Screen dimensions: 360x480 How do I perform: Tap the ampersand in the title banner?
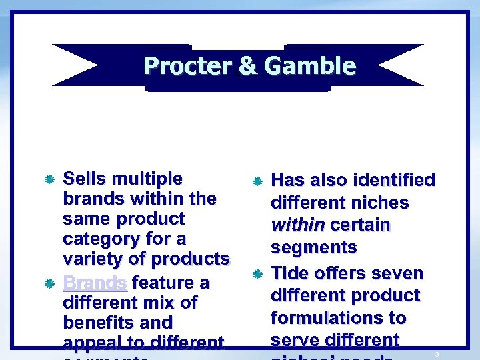(x=247, y=66)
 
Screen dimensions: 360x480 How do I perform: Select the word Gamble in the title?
(x=309, y=66)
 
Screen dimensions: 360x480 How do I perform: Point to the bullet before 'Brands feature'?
(x=49, y=284)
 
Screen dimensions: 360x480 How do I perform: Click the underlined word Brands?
(x=95, y=283)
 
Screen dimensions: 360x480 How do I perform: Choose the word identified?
(x=394, y=180)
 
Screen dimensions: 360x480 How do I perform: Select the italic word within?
(x=297, y=225)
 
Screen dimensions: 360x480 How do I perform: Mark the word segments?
(x=313, y=247)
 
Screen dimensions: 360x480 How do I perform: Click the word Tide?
(x=291, y=273)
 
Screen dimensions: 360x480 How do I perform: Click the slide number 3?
(x=437, y=354)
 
